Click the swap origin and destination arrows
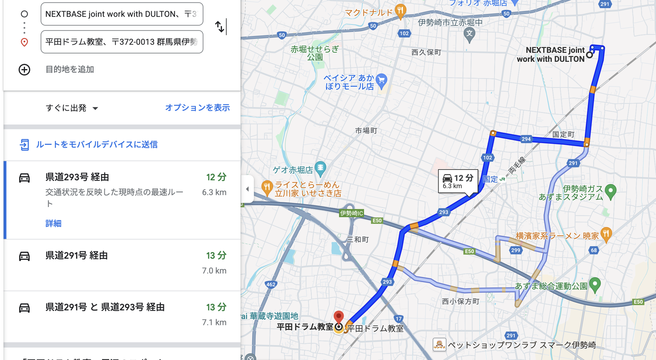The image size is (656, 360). (220, 27)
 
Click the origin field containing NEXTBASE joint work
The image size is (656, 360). (122, 14)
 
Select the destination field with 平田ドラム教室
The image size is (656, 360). (122, 42)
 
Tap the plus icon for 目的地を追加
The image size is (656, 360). (24, 70)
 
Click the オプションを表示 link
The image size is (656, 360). (197, 108)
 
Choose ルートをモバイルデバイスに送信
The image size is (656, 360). (96, 144)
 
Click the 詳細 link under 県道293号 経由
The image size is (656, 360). (53, 224)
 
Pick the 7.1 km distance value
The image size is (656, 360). (214, 322)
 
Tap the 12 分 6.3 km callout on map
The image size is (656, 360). (457, 181)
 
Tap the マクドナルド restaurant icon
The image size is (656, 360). (400, 11)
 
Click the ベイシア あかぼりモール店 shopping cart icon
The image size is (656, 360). (381, 81)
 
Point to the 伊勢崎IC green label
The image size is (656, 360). (351, 213)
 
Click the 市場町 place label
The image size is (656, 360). (366, 131)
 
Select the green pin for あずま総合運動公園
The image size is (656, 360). (594, 284)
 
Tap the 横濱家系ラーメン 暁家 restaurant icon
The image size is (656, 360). (606, 234)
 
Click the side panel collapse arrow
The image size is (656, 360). (247, 189)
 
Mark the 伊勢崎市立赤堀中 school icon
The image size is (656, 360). (469, 34)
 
